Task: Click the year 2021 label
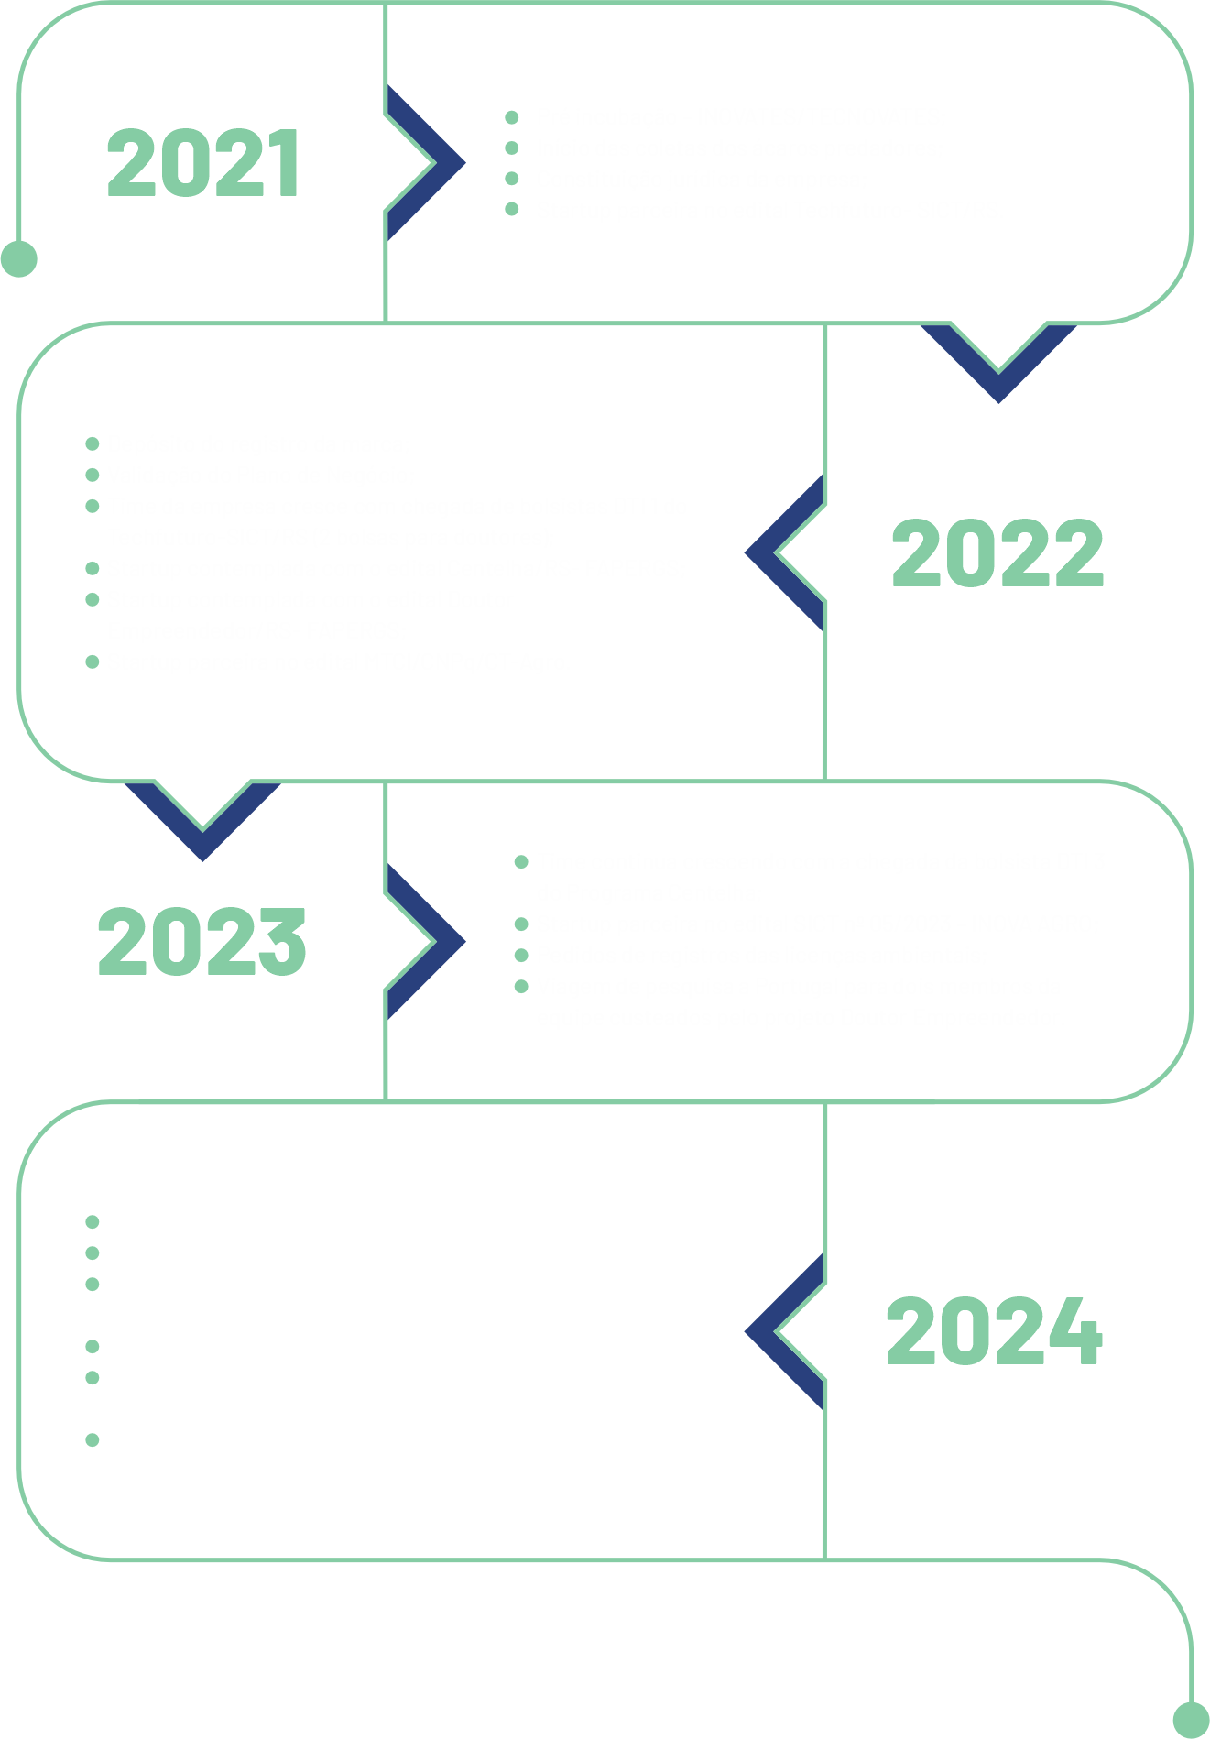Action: tap(203, 163)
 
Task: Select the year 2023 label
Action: tap(202, 941)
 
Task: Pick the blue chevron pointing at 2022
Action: tap(784, 553)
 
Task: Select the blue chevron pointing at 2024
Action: tap(784, 1331)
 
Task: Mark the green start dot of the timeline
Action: tap(19, 258)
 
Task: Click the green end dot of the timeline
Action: tap(1191, 1719)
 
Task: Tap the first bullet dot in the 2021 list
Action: tap(512, 117)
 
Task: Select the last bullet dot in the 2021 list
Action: tap(512, 209)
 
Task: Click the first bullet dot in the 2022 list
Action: tap(92, 444)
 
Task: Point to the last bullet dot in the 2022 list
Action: tap(92, 662)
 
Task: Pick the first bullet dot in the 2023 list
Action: tap(521, 861)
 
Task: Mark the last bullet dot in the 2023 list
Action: tap(521, 986)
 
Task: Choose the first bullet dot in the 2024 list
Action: tap(92, 1221)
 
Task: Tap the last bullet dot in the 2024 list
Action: tap(92, 1439)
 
